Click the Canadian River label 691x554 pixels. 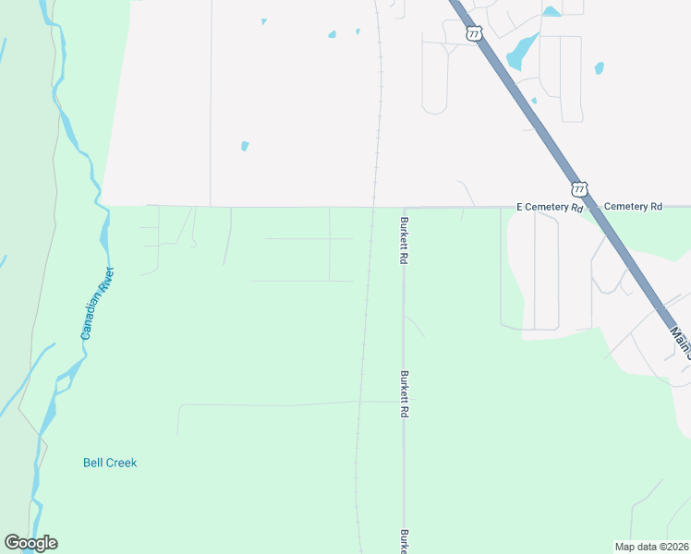tap(97, 303)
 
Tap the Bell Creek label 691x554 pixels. tap(110, 463)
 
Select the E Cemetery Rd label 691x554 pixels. tap(549, 207)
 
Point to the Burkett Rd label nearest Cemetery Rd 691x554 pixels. tap(404, 241)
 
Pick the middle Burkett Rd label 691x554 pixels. tap(404, 395)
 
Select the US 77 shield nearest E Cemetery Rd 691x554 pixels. tap(578, 188)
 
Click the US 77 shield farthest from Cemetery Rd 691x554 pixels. tap(474, 33)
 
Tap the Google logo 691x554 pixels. tap(30, 543)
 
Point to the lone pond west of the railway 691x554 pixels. tap(245, 145)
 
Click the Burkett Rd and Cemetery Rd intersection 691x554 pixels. tap(404, 207)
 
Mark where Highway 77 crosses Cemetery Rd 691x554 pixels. tap(591, 207)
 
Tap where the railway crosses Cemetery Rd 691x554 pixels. tap(373, 207)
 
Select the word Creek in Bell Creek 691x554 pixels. tap(120, 463)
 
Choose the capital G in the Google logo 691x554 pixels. tap(12, 543)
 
